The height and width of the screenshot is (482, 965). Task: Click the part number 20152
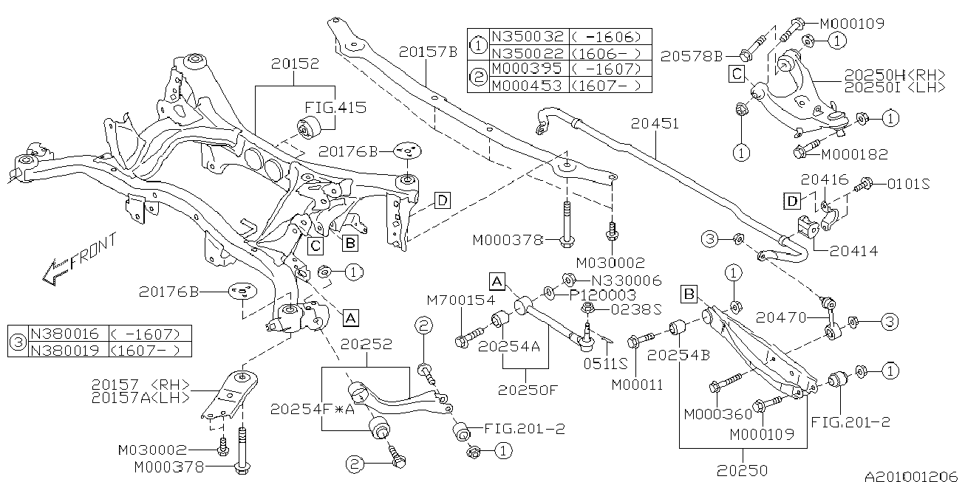click(x=295, y=63)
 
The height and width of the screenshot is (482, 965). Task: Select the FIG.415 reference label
click(x=335, y=107)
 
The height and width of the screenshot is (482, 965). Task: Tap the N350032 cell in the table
click(x=528, y=36)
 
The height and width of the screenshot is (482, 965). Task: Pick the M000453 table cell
click(x=528, y=85)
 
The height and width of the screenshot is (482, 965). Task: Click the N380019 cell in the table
click(x=65, y=350)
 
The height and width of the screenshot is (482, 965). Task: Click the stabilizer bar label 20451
click(x=655, y=124)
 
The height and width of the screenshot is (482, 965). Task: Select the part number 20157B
click(x=428, y=52)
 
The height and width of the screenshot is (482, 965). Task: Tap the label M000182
click(x=855, y=154)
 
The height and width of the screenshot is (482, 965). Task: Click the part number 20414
click(x=853, y=251)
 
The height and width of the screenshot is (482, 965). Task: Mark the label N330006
click(x=627, y=280)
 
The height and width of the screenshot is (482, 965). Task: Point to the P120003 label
click(x=603, y=295)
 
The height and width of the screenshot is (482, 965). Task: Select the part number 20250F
click(x=528, y=390)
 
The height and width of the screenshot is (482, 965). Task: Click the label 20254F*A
click(x=313, y=409)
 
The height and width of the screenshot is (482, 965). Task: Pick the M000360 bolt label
click(x=717, y=414)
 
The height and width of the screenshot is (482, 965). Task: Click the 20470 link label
click(x=780, y=317)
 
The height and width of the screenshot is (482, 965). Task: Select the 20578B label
click(x=691, y=56)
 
